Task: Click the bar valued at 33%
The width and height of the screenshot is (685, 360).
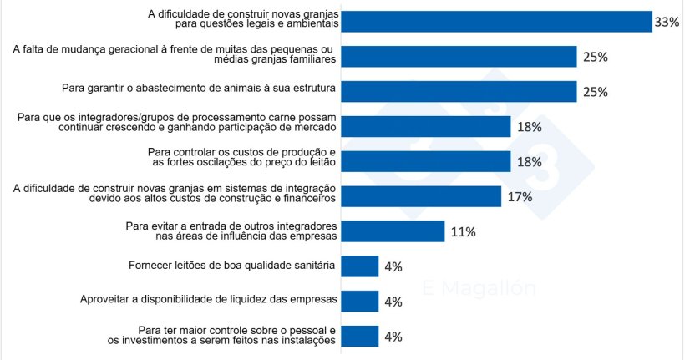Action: click(x=497, y=22)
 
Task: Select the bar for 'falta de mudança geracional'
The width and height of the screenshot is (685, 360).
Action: click(x=459, y=57)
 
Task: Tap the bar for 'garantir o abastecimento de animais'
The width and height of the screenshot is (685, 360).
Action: click(x=459, y=91)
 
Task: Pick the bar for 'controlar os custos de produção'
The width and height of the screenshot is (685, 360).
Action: click(x=426, y=161)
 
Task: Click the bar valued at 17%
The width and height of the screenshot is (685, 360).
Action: click(x=422, y=196)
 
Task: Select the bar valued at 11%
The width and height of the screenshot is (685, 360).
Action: click(x=393, y=231)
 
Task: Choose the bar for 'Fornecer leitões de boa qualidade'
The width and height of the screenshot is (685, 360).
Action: click(x=360, y=266)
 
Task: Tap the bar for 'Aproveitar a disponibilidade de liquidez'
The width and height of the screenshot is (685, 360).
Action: click(x=360, y=302)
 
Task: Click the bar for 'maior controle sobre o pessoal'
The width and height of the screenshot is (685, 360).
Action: click(x=360, y=337)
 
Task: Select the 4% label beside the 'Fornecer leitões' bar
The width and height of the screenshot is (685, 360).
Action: click(x=393, y=267)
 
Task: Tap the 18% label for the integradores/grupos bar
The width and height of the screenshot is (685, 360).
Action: click(x=530, y=127)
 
